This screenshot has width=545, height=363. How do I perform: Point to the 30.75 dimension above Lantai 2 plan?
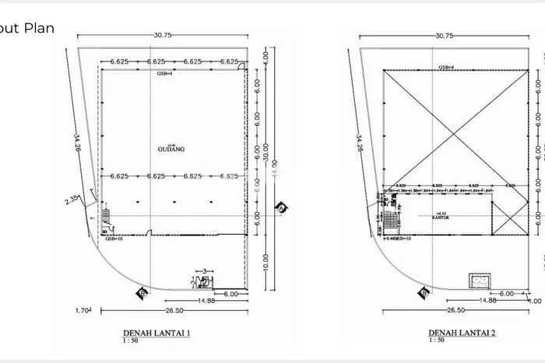(x=445, y=36)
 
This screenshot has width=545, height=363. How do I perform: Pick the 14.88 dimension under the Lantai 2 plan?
(x=487, y=300)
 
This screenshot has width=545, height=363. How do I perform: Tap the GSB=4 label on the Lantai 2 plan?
(x=446, y=68)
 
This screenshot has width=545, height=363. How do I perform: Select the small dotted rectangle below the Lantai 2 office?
(x=477, y=280)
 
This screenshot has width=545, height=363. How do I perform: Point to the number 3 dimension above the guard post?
(x=204, y=271)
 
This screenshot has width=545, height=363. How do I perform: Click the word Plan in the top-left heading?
(x=40, y=29)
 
